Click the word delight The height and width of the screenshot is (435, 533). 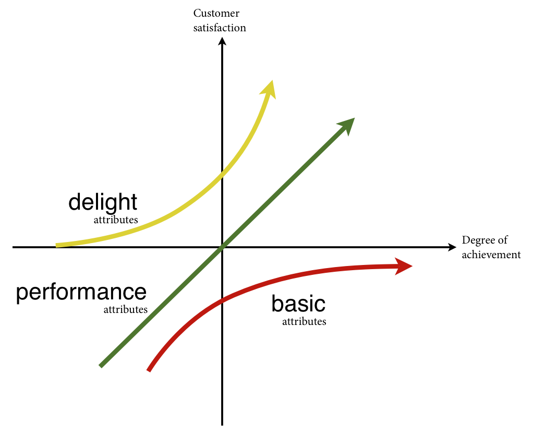pyautogui.click(x=103, y=202)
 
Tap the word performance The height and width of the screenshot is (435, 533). pyautogui.click(x=81, y=293)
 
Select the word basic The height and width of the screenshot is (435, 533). pyautogui.click(x=298, y=304)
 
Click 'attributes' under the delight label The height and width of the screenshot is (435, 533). pyautogui.click(x=116, y=220)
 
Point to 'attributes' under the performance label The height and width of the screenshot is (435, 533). pyautogui.click(x=126, y=309)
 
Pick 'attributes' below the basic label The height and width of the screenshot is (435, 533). pyautogui.click(x=304, y=321)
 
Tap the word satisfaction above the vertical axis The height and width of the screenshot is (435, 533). pyautogui.click(x=219, y=28)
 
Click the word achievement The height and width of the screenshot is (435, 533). pyautogui.click(x=491, y=255)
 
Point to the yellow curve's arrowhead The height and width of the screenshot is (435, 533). pyautogui.click(x=270, y=88)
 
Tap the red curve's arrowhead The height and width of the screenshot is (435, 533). pyautogui.click(x=404, y=266)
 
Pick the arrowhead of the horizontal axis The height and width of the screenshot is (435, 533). pyautogui.click(x=452, y=247)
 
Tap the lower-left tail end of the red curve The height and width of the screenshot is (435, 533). pyautogui.click(x=149, y=370)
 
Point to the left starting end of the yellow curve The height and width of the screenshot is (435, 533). pyautogui.click(x=57, y=245)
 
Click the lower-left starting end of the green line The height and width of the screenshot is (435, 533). pyautogui.click(x=101, y=366)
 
